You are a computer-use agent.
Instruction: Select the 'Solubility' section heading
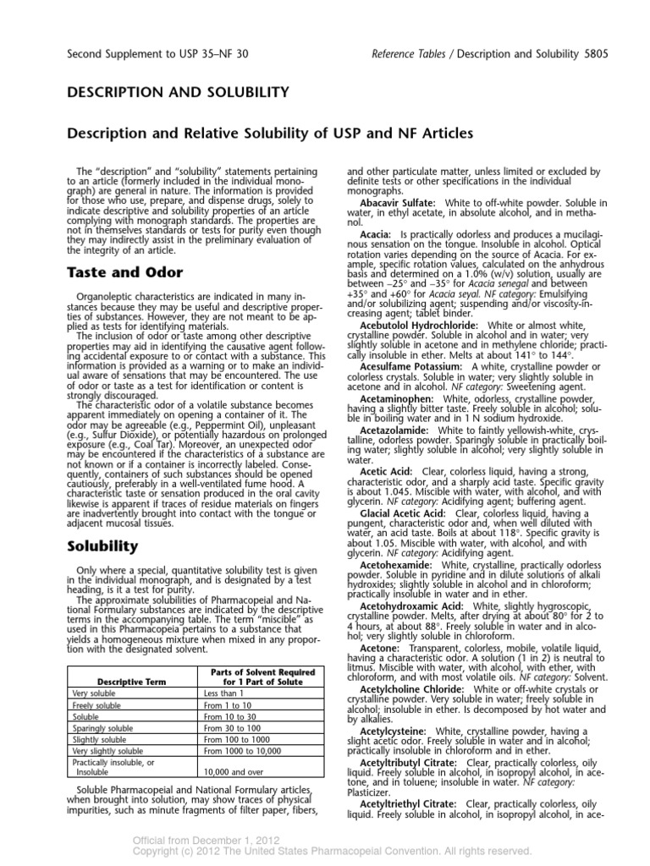click(x=102, y=547)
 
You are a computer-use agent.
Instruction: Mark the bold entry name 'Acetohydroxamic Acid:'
click(x=411, y=606)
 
